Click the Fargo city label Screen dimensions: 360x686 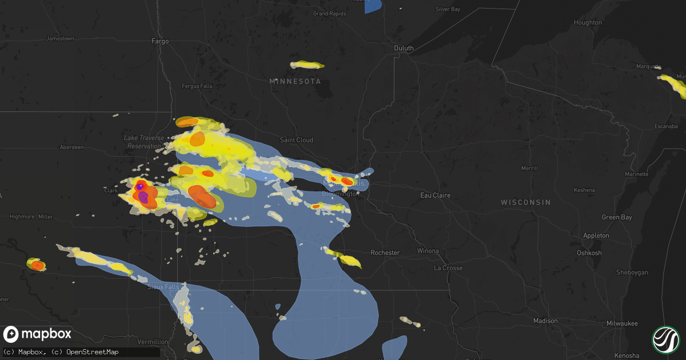tap(160, 41)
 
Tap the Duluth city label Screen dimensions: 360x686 tap(404, 49)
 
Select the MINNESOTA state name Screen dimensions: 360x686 tap(295, 82)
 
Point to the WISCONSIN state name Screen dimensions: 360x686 tap(525, 202)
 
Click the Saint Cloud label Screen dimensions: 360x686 tap(296, 140)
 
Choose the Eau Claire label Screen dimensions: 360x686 tap(435, 195)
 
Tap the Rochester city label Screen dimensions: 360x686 tap(385, 253)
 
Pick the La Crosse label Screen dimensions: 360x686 tap(448, 268)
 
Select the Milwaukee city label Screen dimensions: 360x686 tap(622, 323)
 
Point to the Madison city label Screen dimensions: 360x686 tap(545, 321)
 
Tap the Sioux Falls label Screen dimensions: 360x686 tap(163, 286)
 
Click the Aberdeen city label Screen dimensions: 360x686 tap(71, 147)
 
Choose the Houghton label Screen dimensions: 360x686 tap(588, 23)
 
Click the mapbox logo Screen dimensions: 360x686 tap(38, 334)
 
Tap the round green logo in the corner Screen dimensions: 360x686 tap(665, 339)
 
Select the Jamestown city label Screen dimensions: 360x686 tap(60, 39)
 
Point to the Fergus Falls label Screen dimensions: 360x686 tap(197, 86)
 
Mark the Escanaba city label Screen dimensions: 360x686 tap(666, 126)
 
